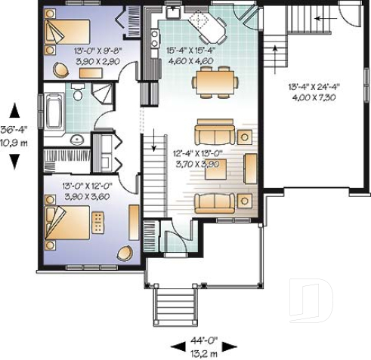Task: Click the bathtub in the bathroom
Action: coord(54,111)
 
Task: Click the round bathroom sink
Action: coord(76,140)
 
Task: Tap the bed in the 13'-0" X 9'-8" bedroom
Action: coord(67,30)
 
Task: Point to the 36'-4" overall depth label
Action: coord(14,128)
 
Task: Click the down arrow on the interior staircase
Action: coord(153,141)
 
